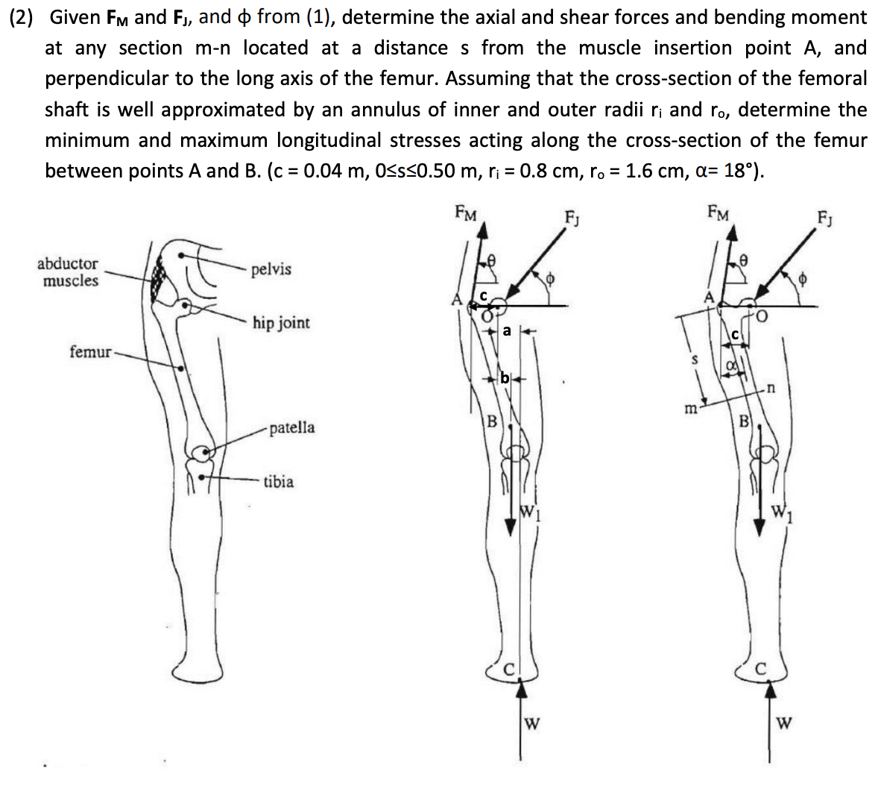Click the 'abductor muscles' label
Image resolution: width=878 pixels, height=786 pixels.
(69, 272)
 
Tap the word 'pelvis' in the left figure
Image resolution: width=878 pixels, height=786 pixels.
(271, 269)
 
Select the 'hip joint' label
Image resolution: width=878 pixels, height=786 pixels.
(281, 323)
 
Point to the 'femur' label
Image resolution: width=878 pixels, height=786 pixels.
(89, 351)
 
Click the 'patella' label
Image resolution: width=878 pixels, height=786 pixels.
(291, 428)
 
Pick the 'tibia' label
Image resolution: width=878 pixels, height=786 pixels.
(278, 482)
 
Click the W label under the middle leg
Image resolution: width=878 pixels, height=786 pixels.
(532, 722)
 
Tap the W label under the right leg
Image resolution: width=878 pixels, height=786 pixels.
(784, 722)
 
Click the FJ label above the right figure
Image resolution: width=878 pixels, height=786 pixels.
(825, 219)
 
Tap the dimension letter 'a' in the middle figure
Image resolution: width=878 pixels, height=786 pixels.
(507, 330)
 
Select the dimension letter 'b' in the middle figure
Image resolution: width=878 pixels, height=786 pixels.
(505, 378)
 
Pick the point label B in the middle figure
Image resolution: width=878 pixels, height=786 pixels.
(491, 421)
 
